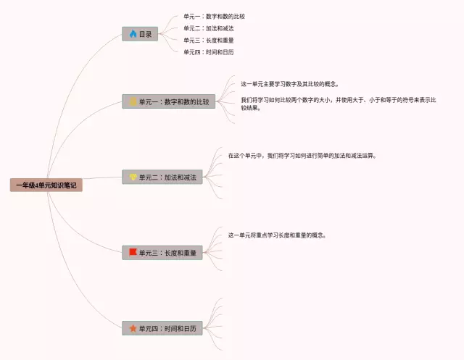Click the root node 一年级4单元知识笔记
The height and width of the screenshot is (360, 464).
pos(46,185)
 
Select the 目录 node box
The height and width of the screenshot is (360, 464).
pos(140,34)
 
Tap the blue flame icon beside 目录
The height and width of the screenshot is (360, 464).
pos(133,34)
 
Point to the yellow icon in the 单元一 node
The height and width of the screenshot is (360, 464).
pos(133,102)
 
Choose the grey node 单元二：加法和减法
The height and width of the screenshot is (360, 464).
pos(162,177)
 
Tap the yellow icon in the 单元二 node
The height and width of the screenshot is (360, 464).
pos(133,177)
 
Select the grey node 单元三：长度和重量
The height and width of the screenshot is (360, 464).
pos(162,253)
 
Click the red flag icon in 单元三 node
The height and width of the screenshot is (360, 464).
pos(133,253)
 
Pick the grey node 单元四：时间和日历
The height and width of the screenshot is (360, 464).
pos(162,329)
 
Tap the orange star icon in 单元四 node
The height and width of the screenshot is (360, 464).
pos(133,329)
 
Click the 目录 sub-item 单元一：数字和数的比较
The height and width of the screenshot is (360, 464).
pos(219,17)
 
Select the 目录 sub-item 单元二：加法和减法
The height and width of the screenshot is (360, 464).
pos(209,28)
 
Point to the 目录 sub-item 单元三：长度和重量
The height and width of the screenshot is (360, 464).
pos(209,41)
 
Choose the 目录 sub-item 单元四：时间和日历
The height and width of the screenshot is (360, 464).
pos(209,52)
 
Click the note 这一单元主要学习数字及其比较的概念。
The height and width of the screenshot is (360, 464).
pos(290,84)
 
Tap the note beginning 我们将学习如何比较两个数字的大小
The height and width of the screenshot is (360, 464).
pos(338,100)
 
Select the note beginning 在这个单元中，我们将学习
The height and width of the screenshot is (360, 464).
pos(302,155)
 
